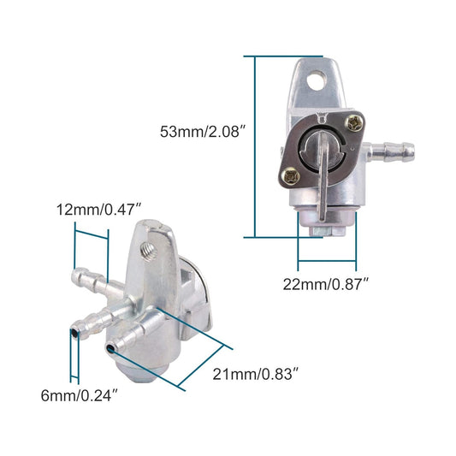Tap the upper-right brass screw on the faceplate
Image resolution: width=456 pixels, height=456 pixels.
click(351, 124)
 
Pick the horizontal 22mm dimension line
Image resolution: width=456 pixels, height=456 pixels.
click(326, 264)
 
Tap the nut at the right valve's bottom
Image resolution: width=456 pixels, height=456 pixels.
click(325, 225)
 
